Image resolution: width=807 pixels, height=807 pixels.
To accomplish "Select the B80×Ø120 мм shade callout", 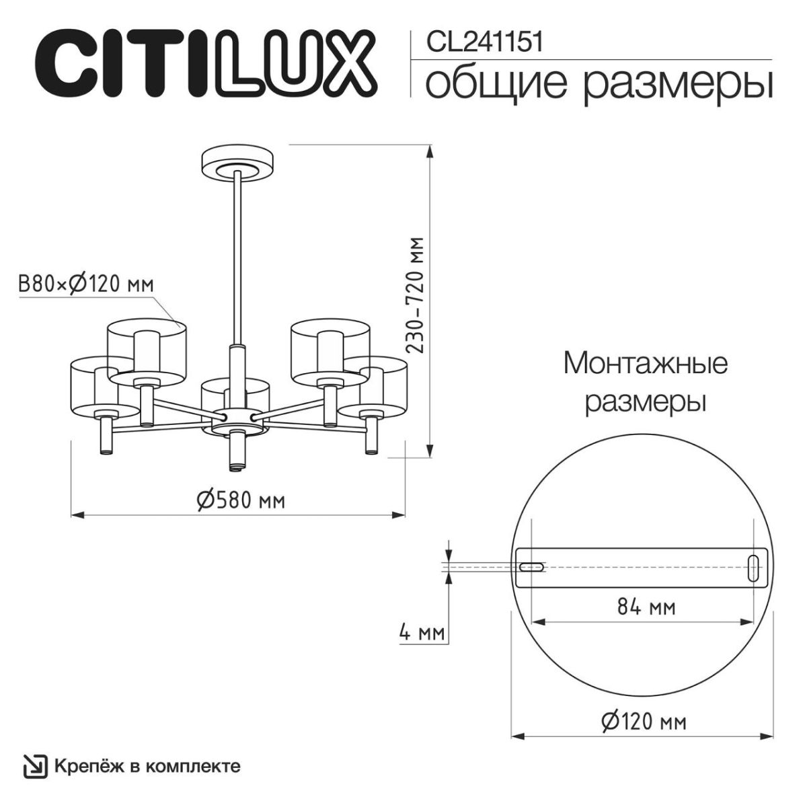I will click(86, 284).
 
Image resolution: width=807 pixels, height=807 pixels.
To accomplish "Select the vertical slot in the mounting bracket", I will click(754, 567).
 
